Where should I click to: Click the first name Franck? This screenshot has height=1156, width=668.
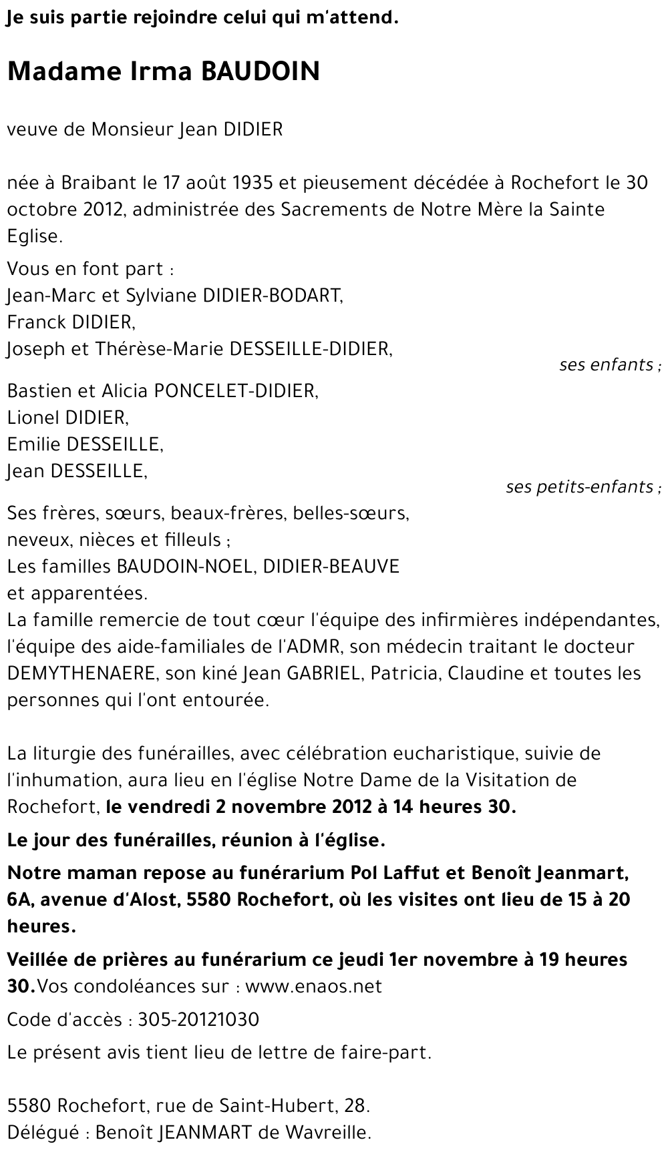(35, 322)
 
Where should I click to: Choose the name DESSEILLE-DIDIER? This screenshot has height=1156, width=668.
(310, 349)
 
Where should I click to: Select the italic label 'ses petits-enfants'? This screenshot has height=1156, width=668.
(580, 487)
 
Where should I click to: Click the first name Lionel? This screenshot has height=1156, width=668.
(33, 418)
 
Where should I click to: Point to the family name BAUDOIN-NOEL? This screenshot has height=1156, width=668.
(185, 567)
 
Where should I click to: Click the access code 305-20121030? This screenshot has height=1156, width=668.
(198, 1020)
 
